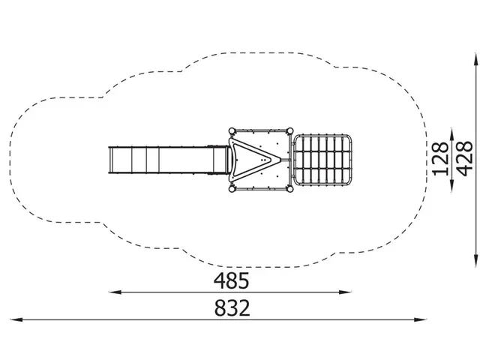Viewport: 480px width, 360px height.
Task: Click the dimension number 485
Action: pos(231,281)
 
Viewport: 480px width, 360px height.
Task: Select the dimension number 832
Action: pos(232,308)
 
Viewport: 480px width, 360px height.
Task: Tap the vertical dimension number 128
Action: pos(441,159)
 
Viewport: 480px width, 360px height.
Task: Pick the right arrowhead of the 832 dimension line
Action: pos(420,319)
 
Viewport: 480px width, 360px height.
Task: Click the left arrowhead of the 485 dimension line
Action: pos(115,292)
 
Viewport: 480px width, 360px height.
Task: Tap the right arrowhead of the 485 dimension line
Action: pos(345,292)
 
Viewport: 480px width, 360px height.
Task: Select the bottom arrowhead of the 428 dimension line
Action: pos(475,261)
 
